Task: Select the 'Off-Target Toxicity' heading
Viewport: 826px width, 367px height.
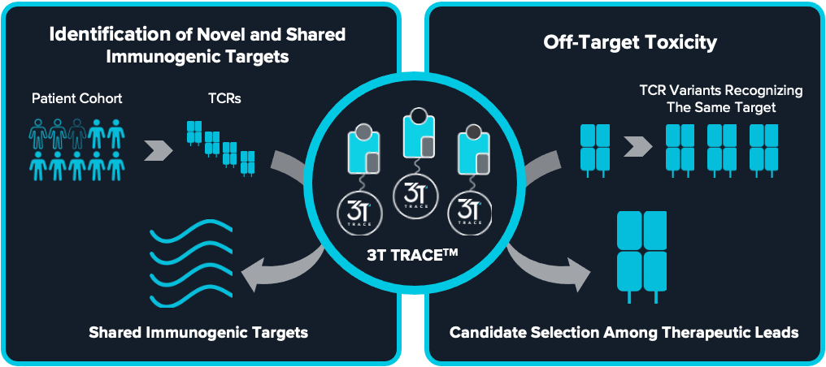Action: click(625, 42)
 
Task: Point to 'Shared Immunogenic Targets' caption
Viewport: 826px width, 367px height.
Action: click(198, 333)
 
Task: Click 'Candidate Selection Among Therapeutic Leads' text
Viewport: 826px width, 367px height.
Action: click(624, 333)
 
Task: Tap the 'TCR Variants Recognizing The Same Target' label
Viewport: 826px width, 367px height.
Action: click(721, 98)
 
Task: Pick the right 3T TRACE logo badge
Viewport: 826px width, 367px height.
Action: click(470, 210)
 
